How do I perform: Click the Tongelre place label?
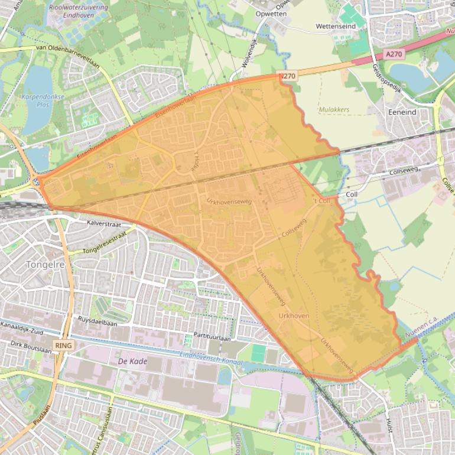45,265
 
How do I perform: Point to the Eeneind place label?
402,112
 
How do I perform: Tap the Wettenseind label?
336,27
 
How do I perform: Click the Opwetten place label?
271,13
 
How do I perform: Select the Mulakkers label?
334,109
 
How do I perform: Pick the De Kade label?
132,361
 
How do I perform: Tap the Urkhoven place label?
293,316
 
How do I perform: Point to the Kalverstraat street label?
103,224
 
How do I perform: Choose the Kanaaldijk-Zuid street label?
24,333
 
